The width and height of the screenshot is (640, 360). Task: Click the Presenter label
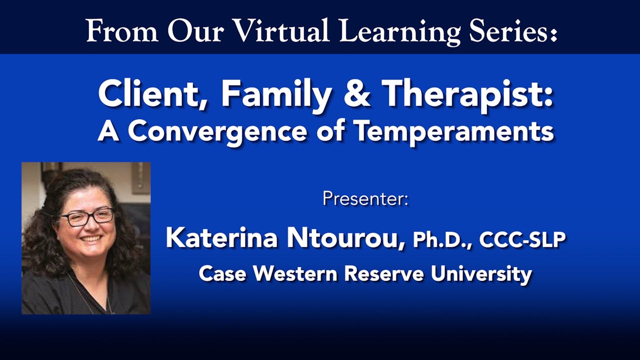click(x=365, y=198)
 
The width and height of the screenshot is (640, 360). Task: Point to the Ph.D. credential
click(x=442, y=240)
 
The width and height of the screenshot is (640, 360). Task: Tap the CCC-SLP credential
click(x=522, y=239)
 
